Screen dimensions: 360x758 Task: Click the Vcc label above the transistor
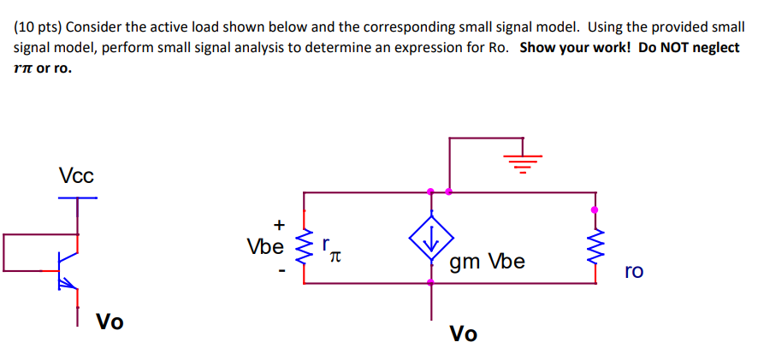pyautogui.click(x=76, y=175)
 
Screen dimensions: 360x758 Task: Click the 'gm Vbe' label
pyautogui.click(x=488, y=262)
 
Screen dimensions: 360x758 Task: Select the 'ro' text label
pyautogui.click(x=633, y=271)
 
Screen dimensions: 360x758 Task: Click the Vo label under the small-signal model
pyautogui.click(x=464, y=333)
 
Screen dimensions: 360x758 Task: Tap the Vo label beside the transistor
pyautogui.click(x=110, y=322)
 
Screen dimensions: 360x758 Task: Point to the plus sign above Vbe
pyautogui.click(x=278, y=225)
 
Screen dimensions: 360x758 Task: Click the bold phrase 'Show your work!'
pyautogui.click(x=574, y=47)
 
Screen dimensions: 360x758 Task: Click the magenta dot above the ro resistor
pyautogui.click(x=595, y=209)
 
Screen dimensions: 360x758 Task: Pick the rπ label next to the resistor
pyautogui.click(x=334, y=251)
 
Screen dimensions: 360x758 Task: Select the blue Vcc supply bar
pyautogui.click(x=78, y=198)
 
